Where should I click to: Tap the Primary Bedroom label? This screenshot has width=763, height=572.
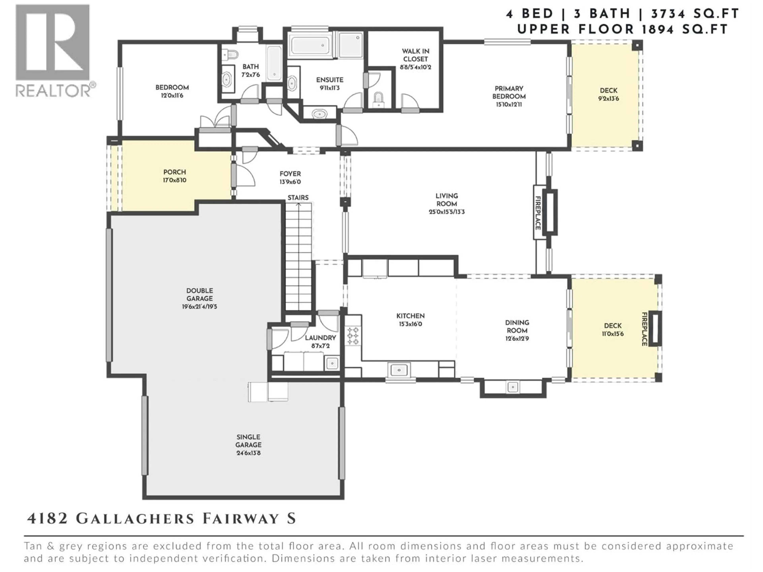coord(509,92)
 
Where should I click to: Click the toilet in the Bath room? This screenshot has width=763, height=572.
coord(230,54)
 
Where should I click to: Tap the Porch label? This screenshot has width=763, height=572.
coord(174,172)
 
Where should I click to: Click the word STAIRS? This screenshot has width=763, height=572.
coord(298,198)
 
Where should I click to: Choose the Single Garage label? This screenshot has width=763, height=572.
coord(248,441)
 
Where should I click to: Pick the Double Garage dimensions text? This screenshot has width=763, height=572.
coord(200,306)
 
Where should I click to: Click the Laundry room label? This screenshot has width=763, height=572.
coord(320,338)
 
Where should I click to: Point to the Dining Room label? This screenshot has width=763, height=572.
coord(517,326)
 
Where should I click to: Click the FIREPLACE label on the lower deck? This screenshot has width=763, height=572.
coord(644,329)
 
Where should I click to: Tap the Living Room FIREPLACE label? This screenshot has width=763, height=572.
coord(538,213)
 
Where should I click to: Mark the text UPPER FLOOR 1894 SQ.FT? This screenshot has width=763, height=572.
coord(622,30)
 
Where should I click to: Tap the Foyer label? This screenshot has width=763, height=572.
coord(290,174)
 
